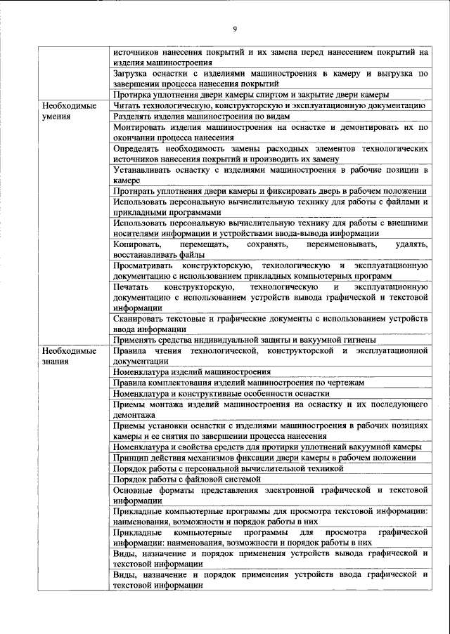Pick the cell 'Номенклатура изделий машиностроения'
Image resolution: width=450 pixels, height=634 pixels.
tap(192, 372)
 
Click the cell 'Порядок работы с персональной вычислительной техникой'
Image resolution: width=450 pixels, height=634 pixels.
tap(228, 468)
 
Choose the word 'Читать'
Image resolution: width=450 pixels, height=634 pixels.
tap(127, 105)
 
